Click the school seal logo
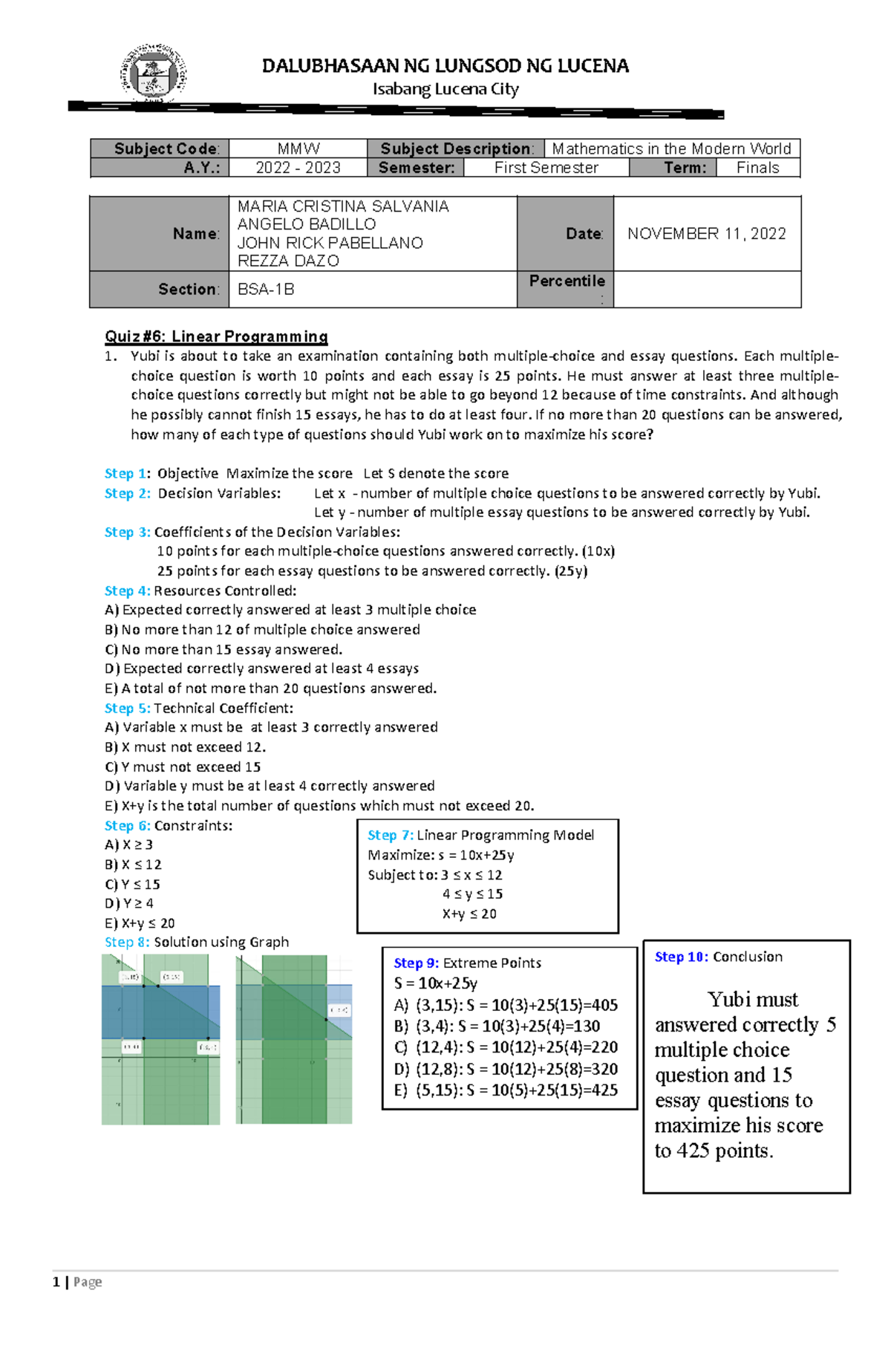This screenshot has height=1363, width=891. (153, 73)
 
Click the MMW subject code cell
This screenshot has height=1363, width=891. (298, 149)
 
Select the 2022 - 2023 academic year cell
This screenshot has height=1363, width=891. (298, 168)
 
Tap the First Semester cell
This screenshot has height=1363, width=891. (546, 168)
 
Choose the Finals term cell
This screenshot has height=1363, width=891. (757, 168)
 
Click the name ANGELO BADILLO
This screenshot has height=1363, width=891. (306, 224)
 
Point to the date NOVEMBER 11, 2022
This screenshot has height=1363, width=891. (706, 234)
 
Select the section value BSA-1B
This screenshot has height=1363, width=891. (266, 290)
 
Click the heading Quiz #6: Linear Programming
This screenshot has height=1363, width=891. (216, 336)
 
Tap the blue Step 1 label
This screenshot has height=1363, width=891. (127, 474)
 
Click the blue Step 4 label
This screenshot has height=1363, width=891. (127, 591)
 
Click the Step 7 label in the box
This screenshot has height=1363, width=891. (390, 836)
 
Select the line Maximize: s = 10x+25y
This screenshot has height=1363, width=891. (441, 856)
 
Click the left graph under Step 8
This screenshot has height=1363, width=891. (160, 1039)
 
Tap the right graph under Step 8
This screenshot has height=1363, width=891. (294, 1039)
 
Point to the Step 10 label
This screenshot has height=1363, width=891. (681, 957)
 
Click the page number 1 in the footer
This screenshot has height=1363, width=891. (56, 1282)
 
